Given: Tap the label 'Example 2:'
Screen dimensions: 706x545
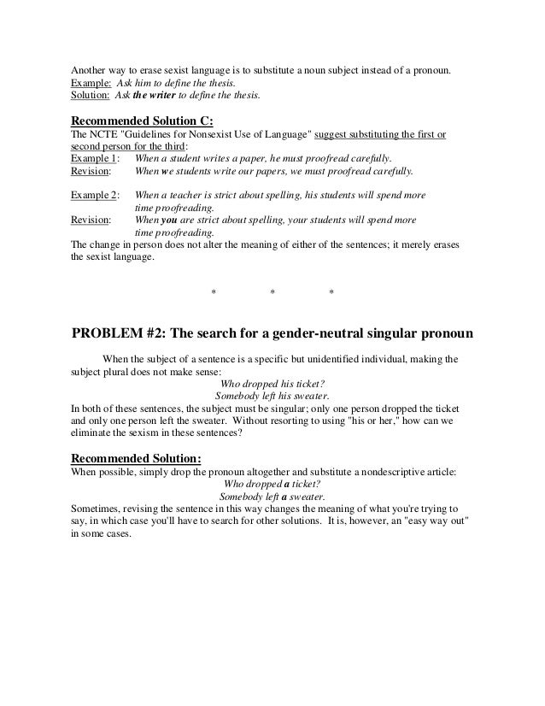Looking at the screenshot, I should pos(94,195).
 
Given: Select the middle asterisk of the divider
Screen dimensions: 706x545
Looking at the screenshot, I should pos(272,295).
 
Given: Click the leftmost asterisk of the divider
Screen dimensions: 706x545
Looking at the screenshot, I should pos(214,295).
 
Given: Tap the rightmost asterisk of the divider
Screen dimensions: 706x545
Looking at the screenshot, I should pos(331,295).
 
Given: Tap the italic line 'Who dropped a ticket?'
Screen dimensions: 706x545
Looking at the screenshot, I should pos(272,483).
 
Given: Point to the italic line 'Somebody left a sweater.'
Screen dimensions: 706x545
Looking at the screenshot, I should pos(272,496).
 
